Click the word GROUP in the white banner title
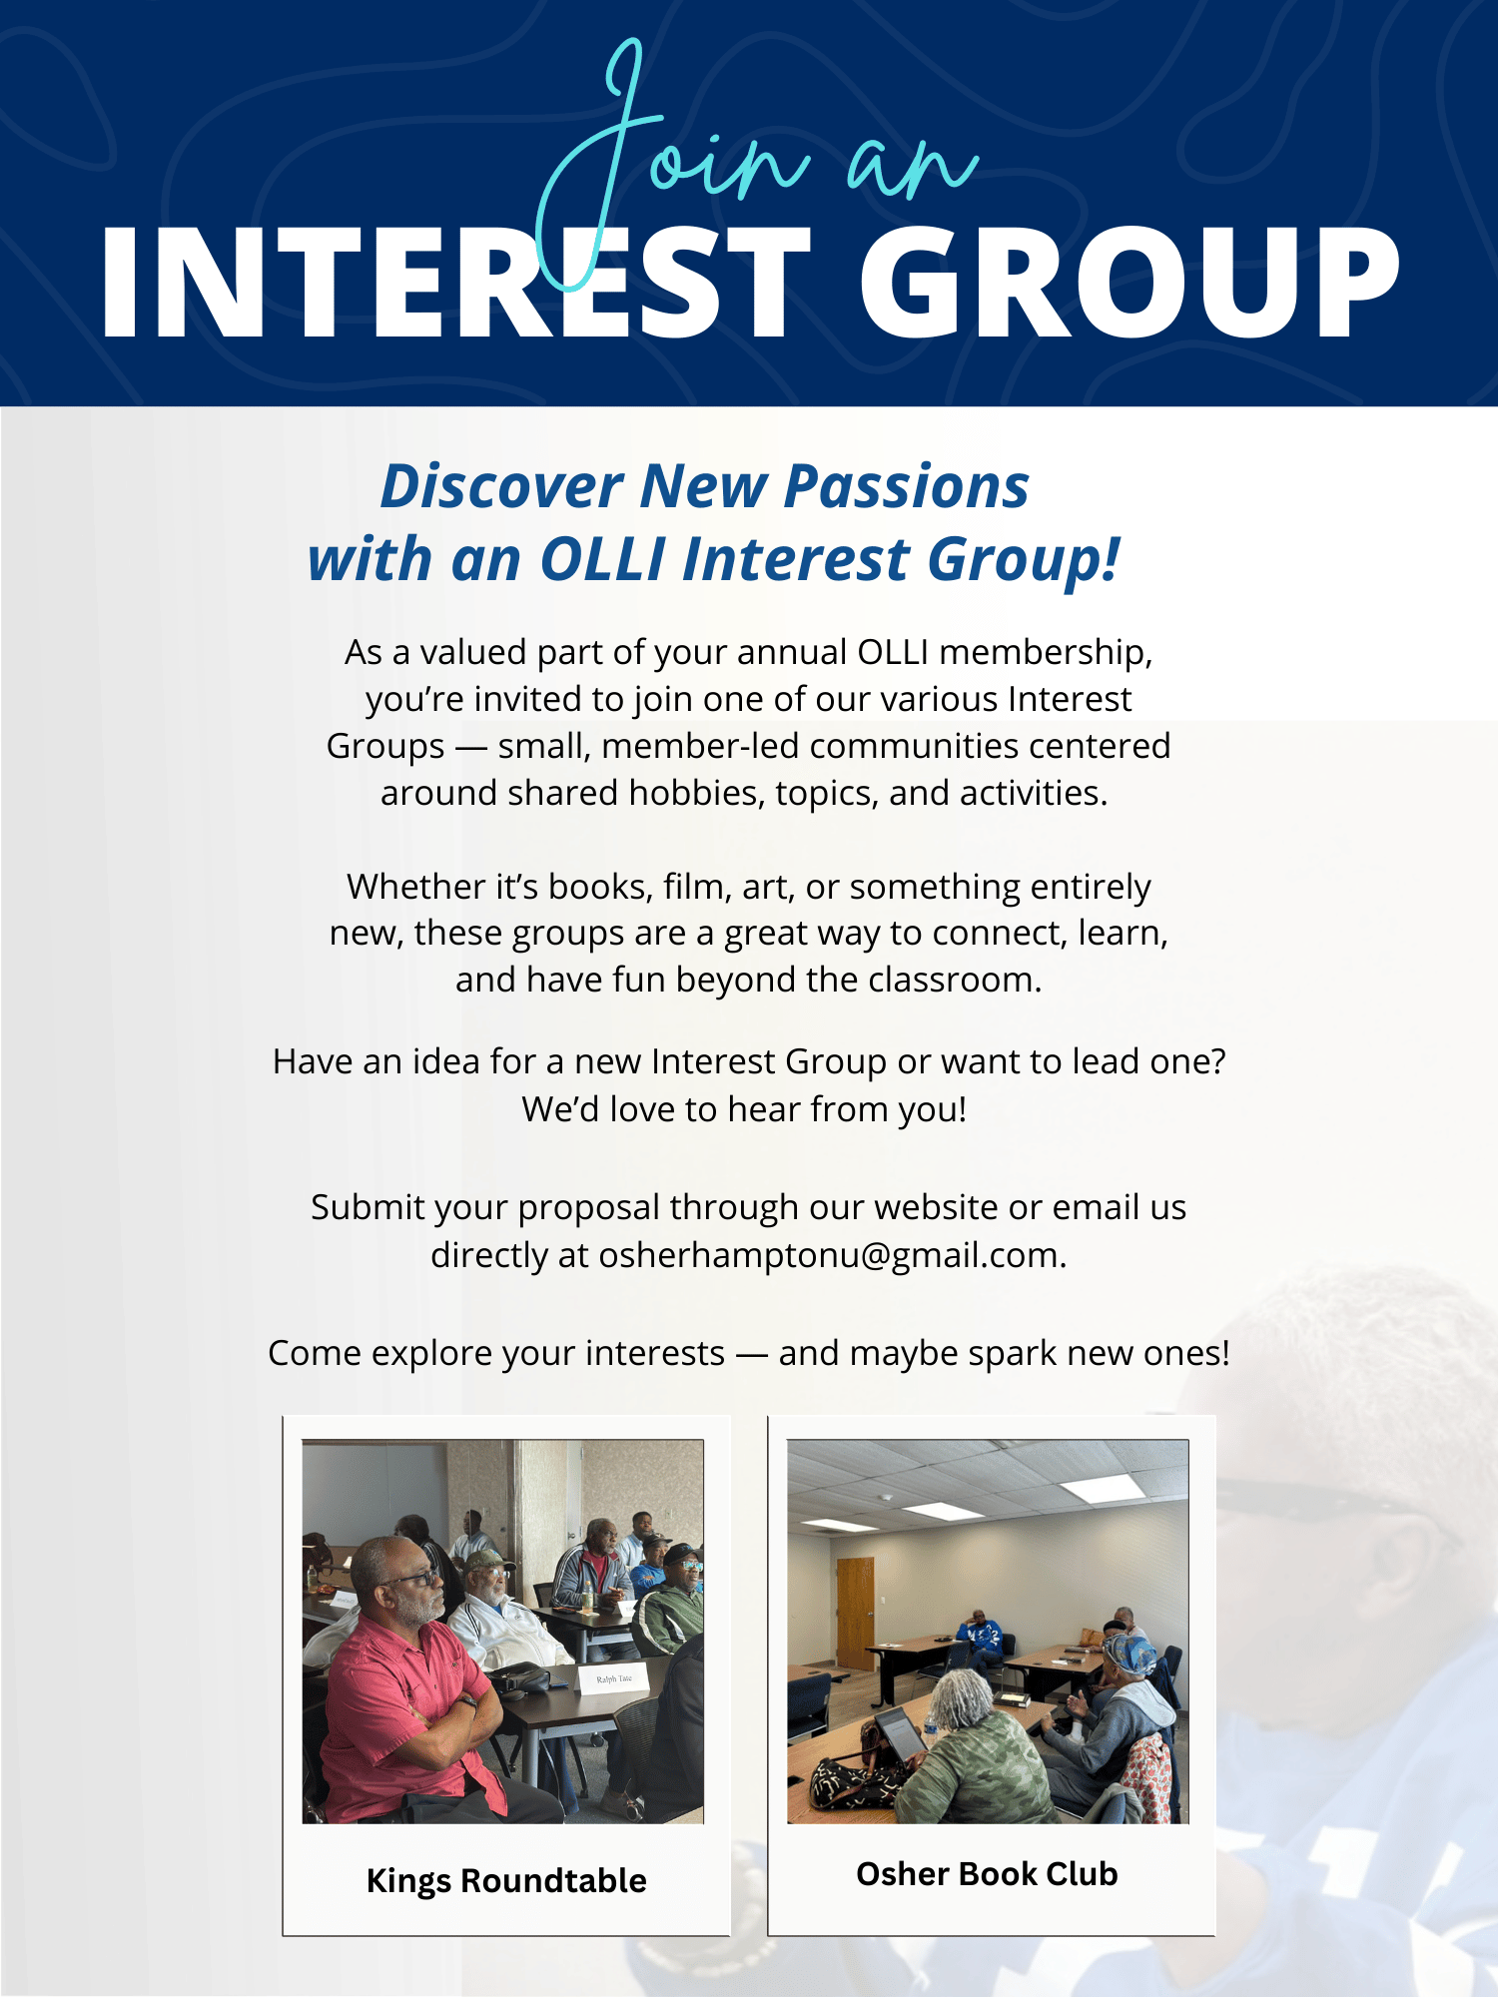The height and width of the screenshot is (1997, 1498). tap(1129, 283)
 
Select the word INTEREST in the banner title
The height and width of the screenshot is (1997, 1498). tap(455, 283)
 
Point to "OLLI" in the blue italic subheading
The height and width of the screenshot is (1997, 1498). tap(603, 559)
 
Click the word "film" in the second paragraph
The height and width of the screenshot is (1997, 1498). tap(690, 887)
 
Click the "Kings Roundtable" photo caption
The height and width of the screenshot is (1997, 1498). tap(506, 1881)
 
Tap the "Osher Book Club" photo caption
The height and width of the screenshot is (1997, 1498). tap(987, 1874)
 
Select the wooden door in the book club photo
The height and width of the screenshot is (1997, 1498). tap(855, 1613)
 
